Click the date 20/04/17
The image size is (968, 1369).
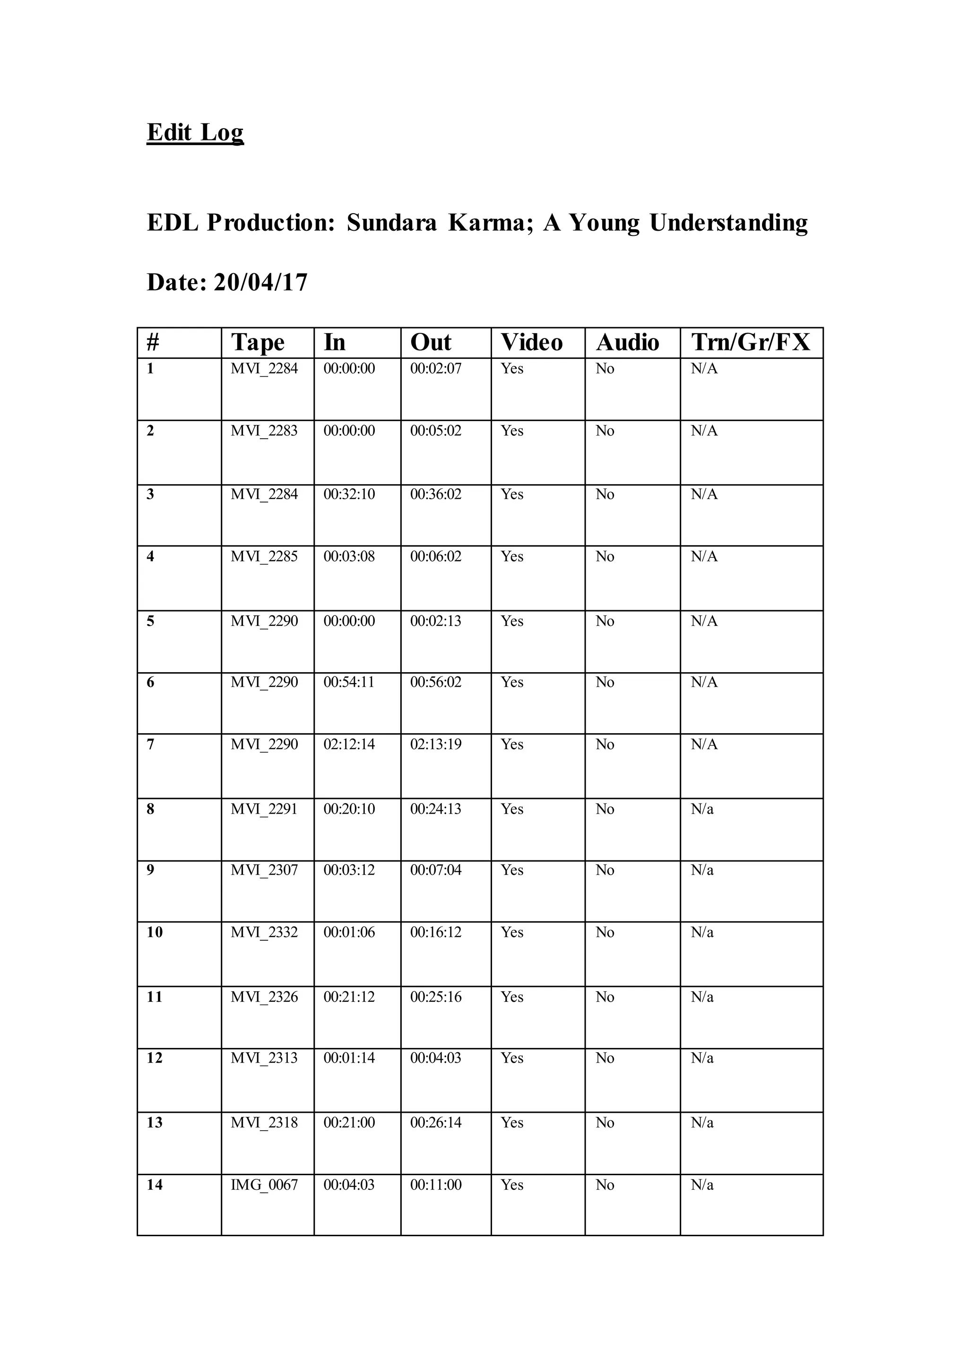(260, 282)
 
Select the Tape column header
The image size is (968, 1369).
(258, 343)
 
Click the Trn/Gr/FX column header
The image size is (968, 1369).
(751, 343)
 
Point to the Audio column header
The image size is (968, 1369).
(627, 343)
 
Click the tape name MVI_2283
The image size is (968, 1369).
(264, 431)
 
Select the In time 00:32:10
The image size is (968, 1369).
(349, 494)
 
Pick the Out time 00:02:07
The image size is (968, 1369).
(436, 368)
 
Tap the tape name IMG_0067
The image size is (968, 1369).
(264, 1185)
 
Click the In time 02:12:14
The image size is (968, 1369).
(349, 744)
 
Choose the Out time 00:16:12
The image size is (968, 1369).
(436, 932)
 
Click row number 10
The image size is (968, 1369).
(155, 932)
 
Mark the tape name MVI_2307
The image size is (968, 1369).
(264, 870)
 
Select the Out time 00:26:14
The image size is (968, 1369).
(436, 1122)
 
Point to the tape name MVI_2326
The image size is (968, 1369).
(264, 997)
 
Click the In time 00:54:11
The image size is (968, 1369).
(349, 682)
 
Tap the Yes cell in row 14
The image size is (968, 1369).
(512, 1185)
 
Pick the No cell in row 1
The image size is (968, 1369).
(605, 368)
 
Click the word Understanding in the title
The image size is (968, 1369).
(728, 223)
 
